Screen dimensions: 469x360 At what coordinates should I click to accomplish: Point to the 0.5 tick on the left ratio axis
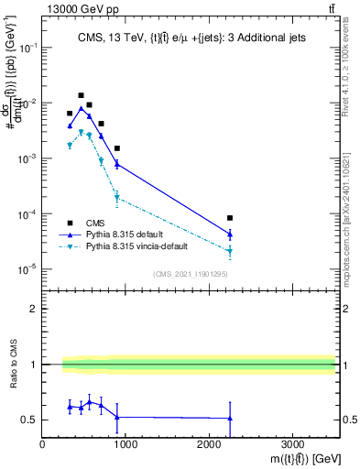(x=32, y=420)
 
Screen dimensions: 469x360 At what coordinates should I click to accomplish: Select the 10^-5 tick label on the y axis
(x=27, y=269)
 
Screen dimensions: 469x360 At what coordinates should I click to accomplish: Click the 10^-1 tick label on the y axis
(x=27, y=49)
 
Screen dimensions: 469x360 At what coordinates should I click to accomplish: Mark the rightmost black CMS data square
(x=230, y=218)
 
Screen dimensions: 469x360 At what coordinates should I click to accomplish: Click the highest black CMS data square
(x=81, y=95)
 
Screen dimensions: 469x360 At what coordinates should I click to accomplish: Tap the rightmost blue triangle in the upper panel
(x=230, y=234)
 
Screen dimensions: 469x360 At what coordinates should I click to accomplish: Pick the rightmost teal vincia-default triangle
(x=230, y=251)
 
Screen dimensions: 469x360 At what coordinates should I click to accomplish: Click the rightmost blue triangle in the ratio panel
(x=230, y=419)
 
